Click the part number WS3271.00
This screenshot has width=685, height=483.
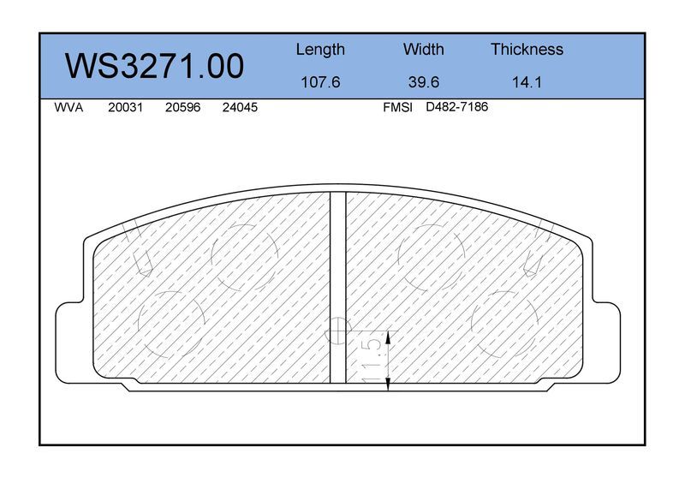point(154,66)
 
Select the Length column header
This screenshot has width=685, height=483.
point(320,50)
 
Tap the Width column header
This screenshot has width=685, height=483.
point(423,49)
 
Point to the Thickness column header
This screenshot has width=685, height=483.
point(527,49)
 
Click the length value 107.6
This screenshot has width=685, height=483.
point(320,82)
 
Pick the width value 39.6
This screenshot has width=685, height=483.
point(423,82)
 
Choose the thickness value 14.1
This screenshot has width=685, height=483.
point(527,82)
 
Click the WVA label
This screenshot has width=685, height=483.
point(68,108)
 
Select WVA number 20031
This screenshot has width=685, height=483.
point(125,108)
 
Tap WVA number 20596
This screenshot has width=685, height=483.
point(182,108)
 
